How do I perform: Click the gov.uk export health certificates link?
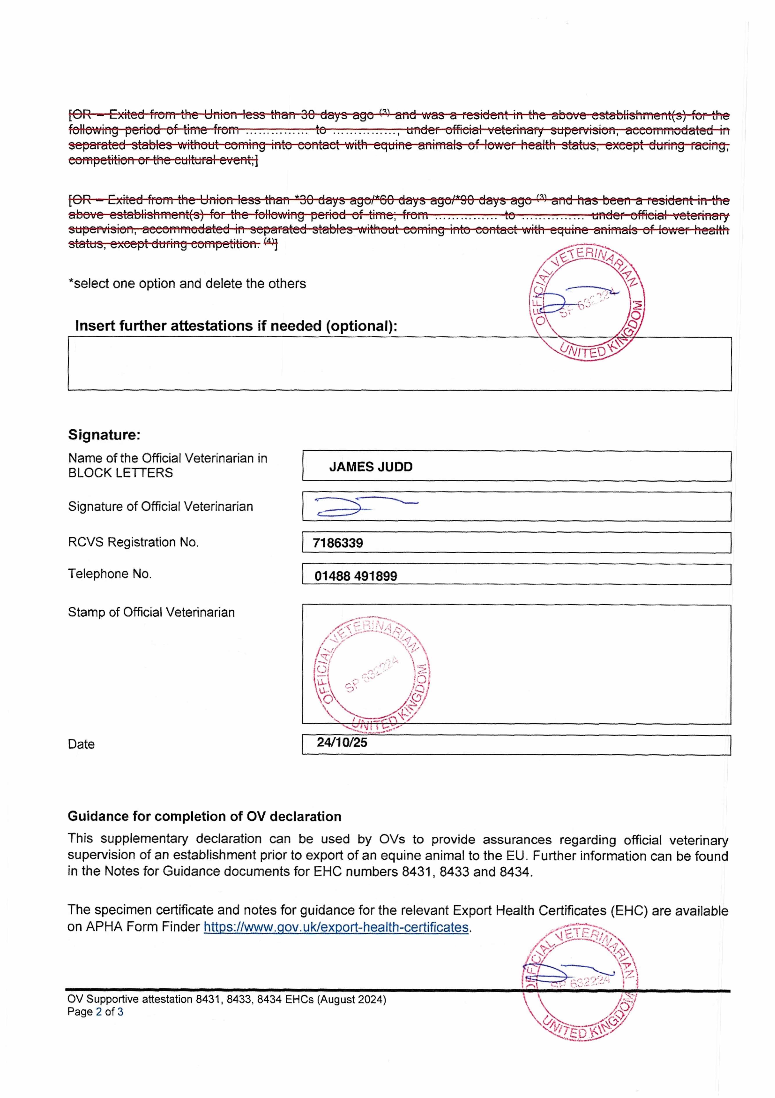(x=336, y=927)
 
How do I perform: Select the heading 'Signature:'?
(x=104, y=435)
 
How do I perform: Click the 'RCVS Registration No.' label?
(x=133, y=542)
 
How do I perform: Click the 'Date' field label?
(x=81, y=744)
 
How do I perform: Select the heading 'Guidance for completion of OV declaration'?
(x=204, y=816)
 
